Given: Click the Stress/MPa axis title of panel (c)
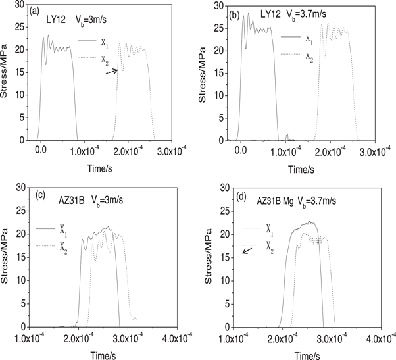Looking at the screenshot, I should point(6,263).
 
